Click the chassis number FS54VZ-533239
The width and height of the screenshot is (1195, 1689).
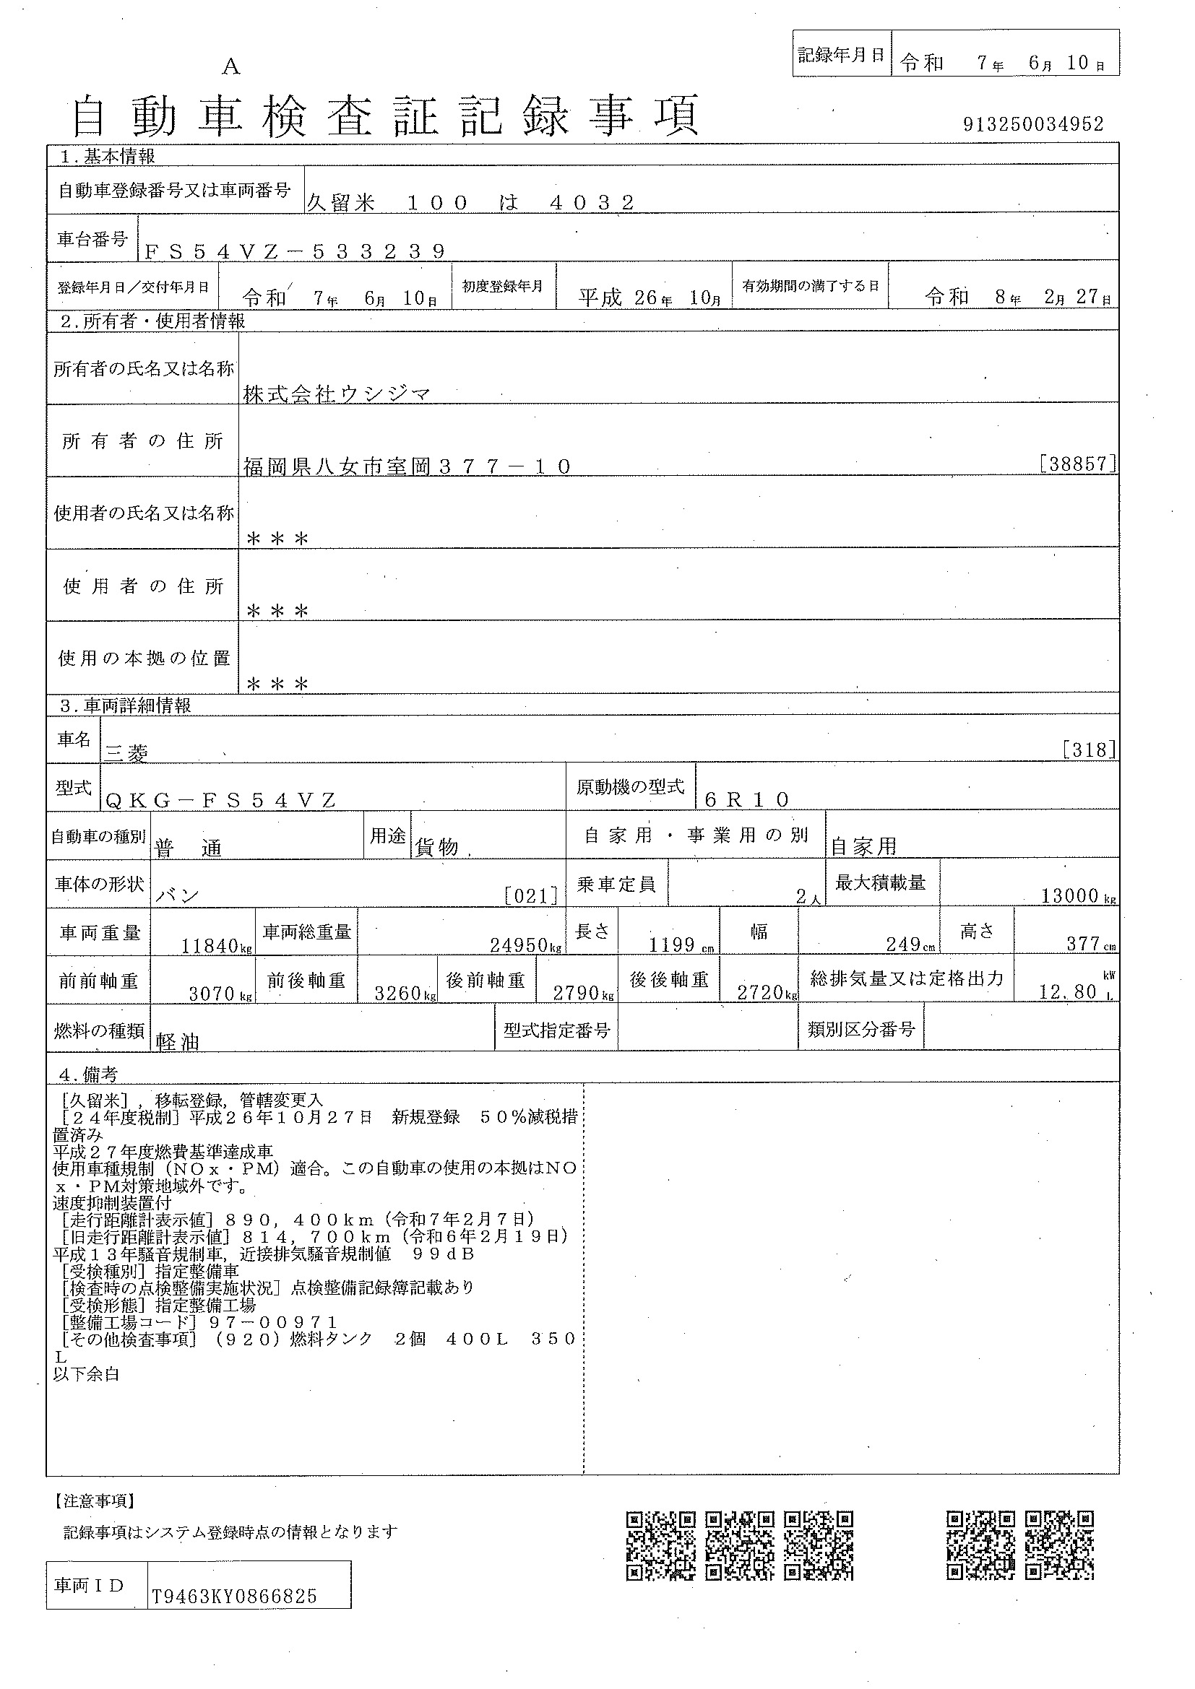294,251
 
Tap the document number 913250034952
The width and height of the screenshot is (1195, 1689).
1033,124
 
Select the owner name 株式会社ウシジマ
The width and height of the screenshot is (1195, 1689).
336,394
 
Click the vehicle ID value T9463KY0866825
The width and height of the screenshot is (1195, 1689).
235,1597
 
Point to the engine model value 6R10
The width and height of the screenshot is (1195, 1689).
746,799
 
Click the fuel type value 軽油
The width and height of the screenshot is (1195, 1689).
177,1041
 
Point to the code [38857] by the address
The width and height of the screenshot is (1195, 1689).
1078,464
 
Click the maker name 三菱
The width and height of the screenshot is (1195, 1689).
126,752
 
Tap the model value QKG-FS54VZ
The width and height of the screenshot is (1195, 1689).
221,799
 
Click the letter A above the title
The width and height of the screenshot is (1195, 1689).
231,67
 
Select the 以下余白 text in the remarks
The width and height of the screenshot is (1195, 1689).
86,1373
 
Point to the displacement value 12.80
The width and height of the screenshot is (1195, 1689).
1068,991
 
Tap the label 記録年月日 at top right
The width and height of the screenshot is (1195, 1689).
841,55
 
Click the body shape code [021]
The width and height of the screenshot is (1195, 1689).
530,895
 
